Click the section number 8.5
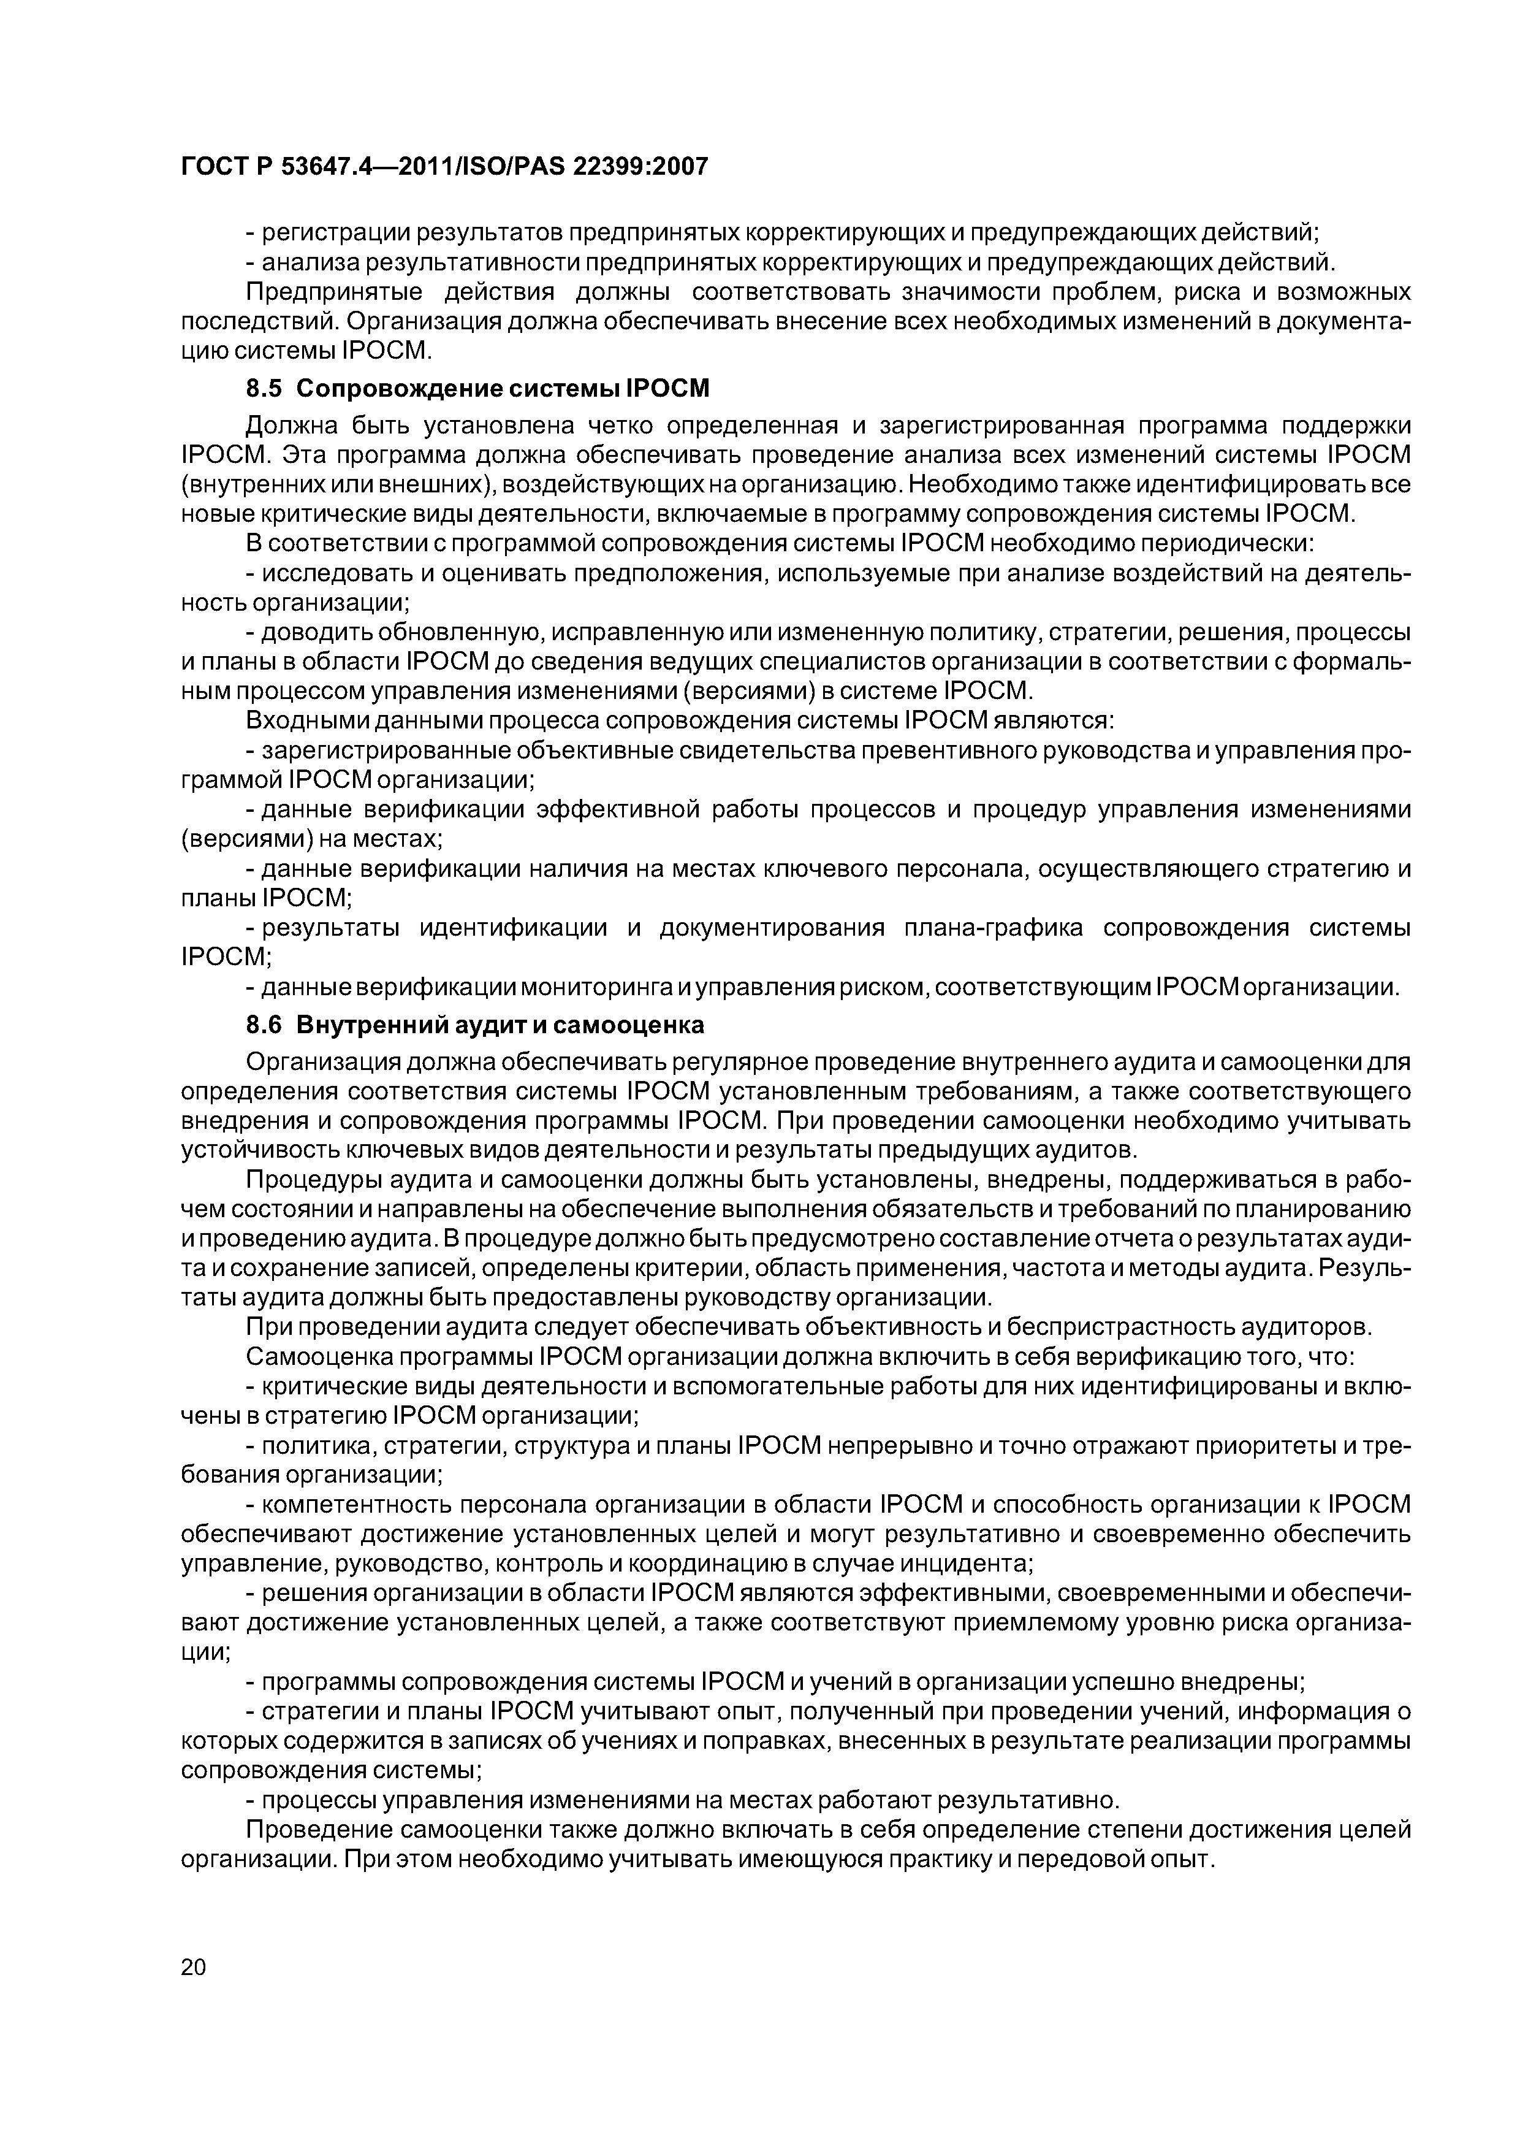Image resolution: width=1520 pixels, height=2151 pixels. coord(264,388)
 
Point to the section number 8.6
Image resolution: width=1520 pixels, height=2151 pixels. coord(264,1025)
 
